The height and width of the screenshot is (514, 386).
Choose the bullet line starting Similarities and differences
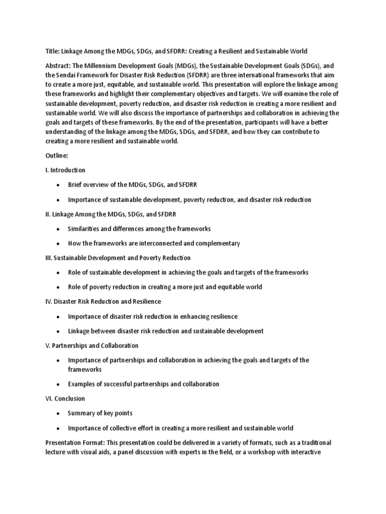coord(139,228)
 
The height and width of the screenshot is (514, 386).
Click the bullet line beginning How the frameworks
coord(154,243)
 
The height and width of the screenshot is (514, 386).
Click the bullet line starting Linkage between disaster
coord(165,331)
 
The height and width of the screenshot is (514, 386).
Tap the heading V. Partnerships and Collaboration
coord(91,346)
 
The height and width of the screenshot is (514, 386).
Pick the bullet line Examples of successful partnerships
coord(144,384)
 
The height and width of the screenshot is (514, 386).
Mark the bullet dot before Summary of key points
coord(58,413)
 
